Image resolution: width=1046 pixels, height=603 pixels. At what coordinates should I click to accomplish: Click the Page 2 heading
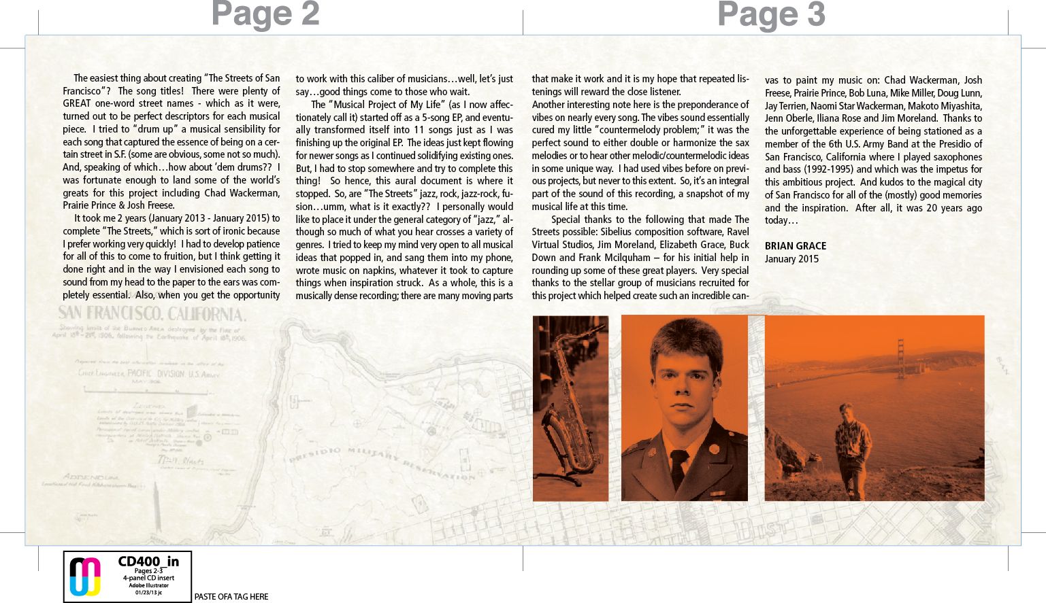[265, 14]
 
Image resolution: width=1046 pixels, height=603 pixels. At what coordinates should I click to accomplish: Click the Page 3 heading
[771, 14]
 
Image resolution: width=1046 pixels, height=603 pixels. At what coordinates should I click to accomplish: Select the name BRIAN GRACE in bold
[795, 246]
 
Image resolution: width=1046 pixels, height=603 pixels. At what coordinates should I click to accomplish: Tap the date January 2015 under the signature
[791, 259]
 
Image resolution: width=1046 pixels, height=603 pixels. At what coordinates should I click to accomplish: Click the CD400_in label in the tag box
[148, 562]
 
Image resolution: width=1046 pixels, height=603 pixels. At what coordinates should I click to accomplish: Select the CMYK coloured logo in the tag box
[86, 576]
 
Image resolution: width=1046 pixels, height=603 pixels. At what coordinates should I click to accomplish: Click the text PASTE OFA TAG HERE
[231, 597]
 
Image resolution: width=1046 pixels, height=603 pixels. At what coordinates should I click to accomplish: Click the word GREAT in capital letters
[77, 103]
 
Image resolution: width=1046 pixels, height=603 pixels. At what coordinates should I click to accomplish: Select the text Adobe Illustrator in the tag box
[148, 585]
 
